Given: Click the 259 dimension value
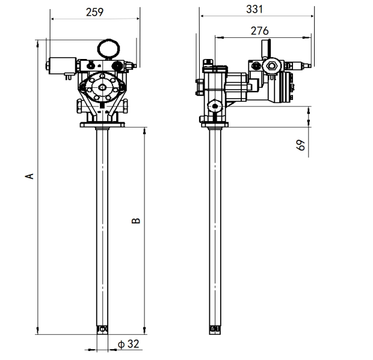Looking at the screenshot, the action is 94,12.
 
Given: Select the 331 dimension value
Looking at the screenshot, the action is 254,9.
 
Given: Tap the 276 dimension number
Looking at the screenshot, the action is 259,31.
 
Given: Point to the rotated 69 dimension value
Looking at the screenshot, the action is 301,144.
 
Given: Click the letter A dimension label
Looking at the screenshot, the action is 29,176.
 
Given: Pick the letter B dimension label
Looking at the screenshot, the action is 136,221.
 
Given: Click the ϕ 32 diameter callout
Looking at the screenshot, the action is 129,344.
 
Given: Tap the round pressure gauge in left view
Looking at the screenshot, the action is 108,49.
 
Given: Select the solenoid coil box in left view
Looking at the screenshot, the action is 63,66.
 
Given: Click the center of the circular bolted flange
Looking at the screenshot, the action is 102,87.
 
